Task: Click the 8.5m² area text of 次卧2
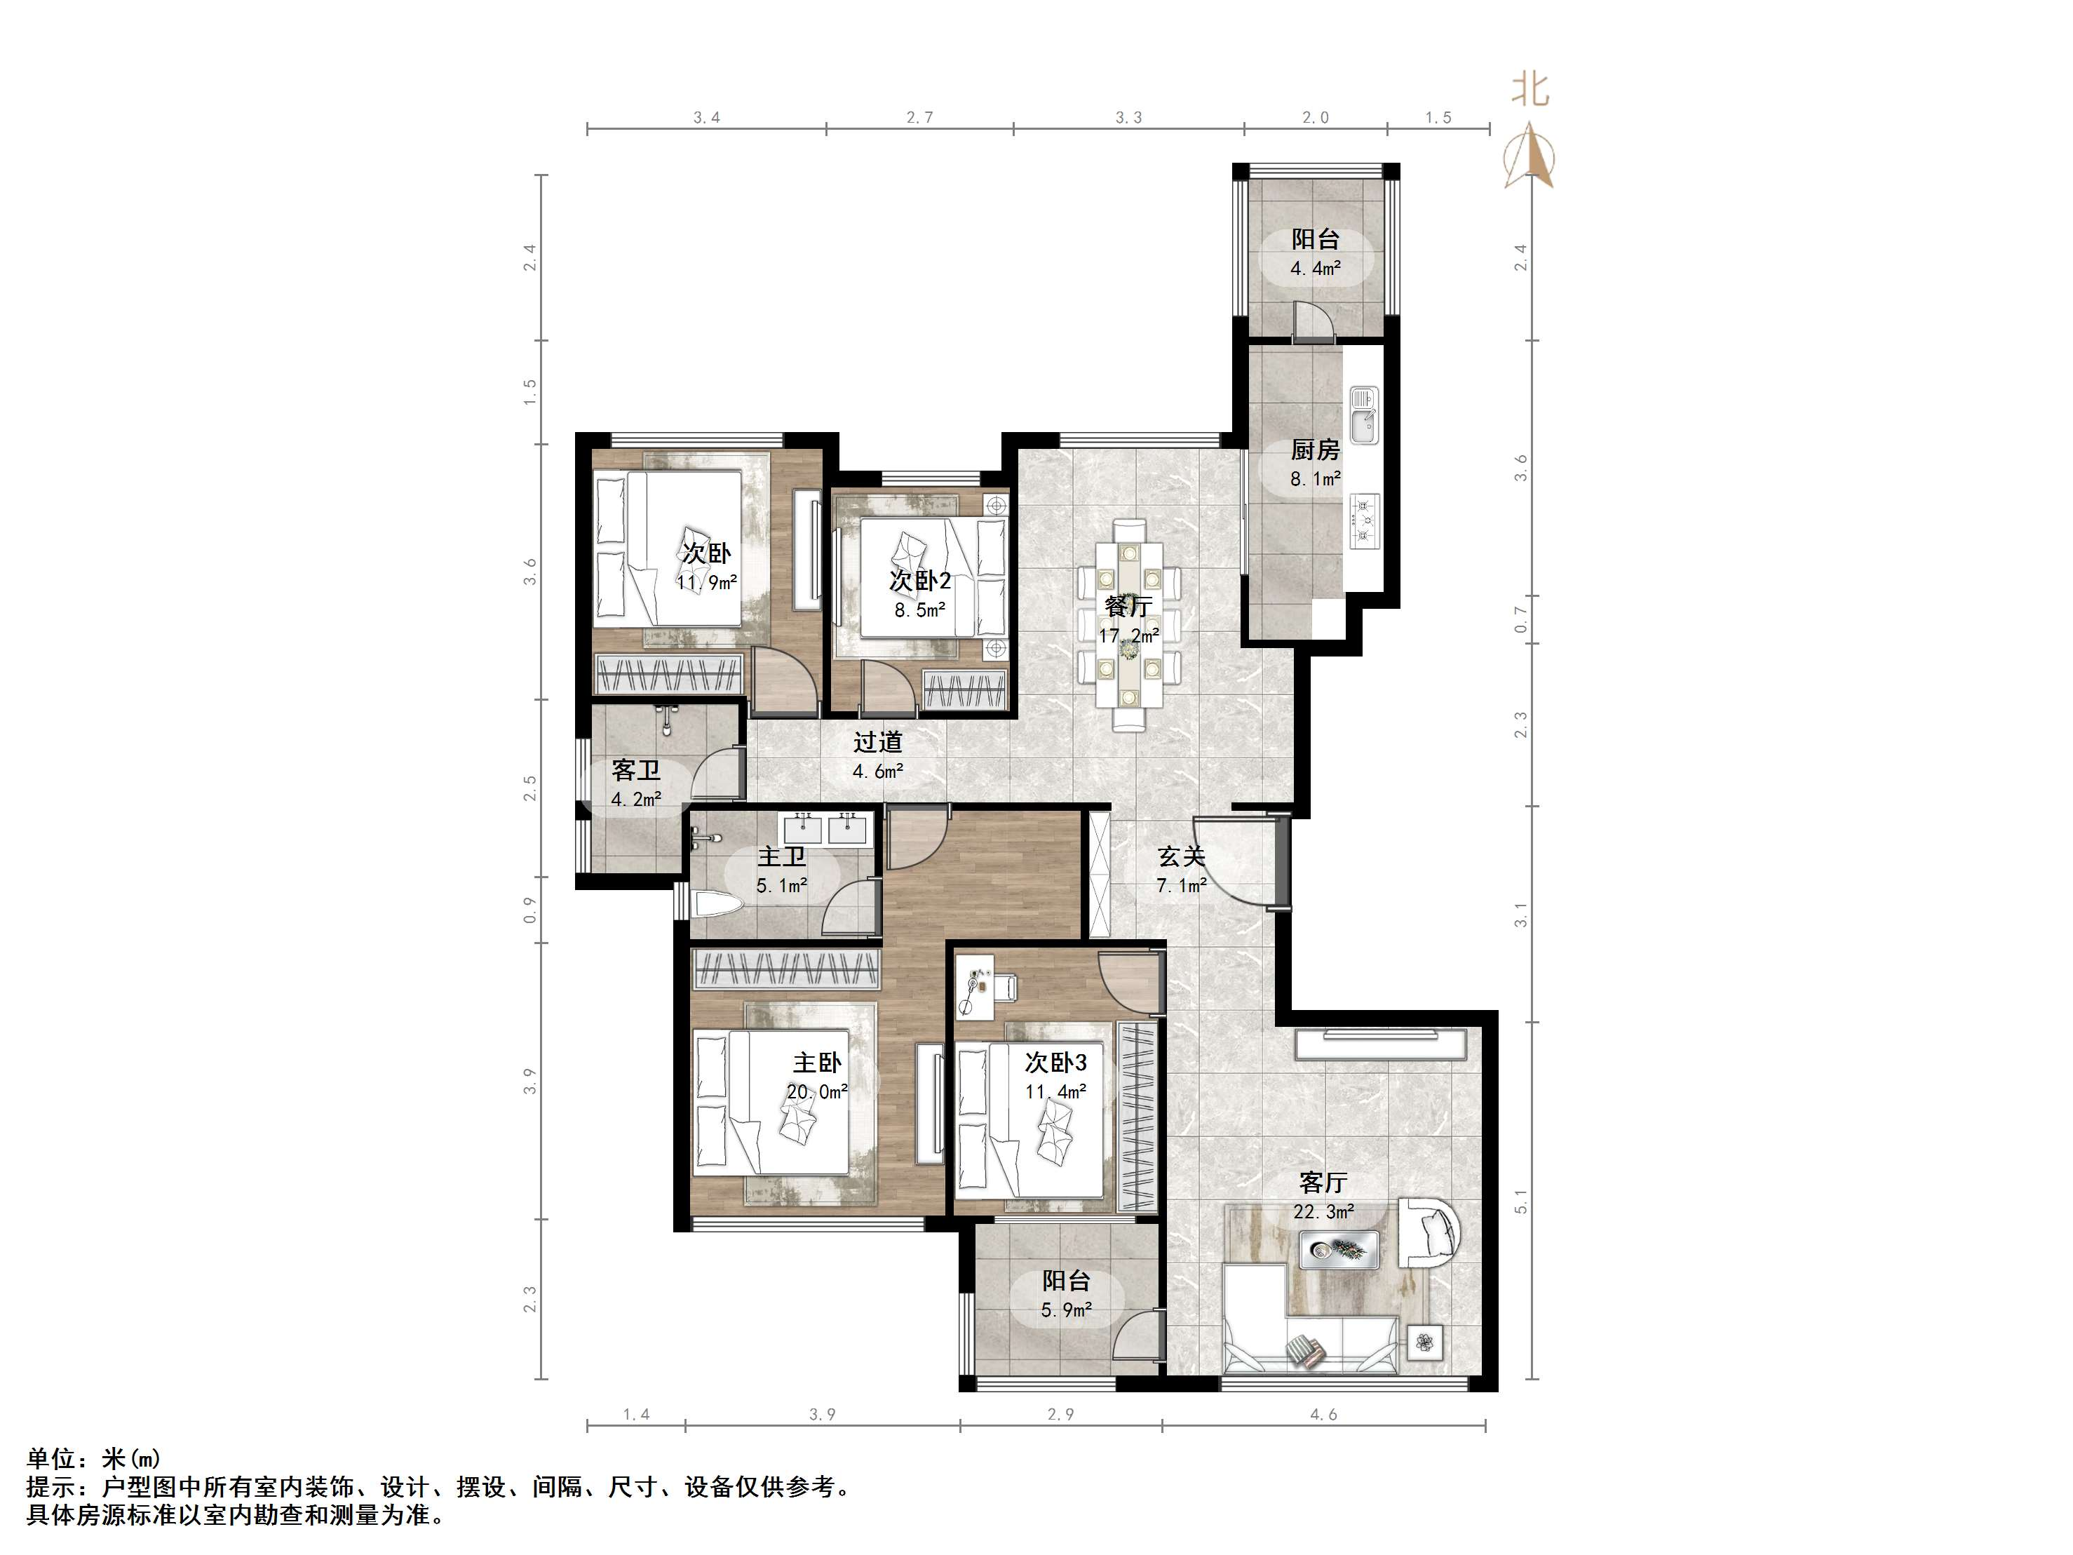pos(919,610)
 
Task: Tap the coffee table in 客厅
pos(1338,1249)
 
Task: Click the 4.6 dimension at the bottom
pos(1323,1415)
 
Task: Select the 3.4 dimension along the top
pos(707,117)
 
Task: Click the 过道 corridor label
pos(878,742)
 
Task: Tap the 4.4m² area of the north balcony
pos(1315,268)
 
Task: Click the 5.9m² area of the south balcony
pos(1067,1310)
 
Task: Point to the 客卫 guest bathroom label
pos(635,770)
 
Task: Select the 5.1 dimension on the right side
pos(1520,1201)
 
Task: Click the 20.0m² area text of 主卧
pos(817,1092)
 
